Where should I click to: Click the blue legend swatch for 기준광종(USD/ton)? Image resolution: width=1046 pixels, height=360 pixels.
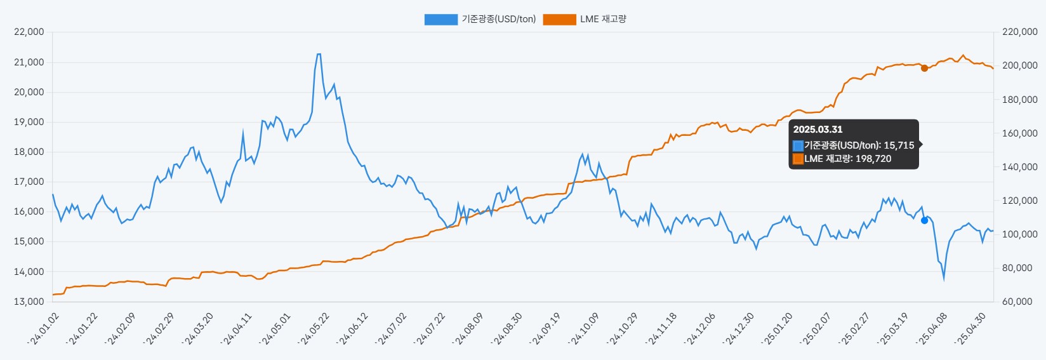440,20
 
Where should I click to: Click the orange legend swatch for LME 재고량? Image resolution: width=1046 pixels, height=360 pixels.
559,20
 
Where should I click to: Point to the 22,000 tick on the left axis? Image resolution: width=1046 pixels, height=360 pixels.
29,32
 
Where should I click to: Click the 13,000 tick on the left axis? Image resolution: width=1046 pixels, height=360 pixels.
29,301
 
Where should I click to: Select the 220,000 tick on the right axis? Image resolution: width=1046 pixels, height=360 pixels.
1019,32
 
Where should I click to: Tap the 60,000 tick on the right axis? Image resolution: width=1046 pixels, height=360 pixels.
1017,301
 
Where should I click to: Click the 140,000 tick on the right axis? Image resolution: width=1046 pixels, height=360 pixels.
1019,167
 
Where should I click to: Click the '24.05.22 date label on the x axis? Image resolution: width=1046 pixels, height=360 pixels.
315,328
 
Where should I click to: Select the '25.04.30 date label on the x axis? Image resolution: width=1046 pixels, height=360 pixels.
971,328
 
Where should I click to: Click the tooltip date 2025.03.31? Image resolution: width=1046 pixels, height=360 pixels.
818,130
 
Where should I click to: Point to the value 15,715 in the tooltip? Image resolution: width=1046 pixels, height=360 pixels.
899,145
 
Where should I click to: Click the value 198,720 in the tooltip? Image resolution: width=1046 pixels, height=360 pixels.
873,159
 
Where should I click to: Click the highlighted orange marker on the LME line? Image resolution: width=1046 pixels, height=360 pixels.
924,68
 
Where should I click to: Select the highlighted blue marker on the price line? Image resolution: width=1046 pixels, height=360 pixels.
924,220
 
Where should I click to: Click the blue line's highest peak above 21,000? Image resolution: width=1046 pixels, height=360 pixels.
319,55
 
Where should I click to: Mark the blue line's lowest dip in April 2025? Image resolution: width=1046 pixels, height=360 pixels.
944,278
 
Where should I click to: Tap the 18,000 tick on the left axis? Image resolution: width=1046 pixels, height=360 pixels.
29,152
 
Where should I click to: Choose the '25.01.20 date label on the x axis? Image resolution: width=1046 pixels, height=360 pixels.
778,328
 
